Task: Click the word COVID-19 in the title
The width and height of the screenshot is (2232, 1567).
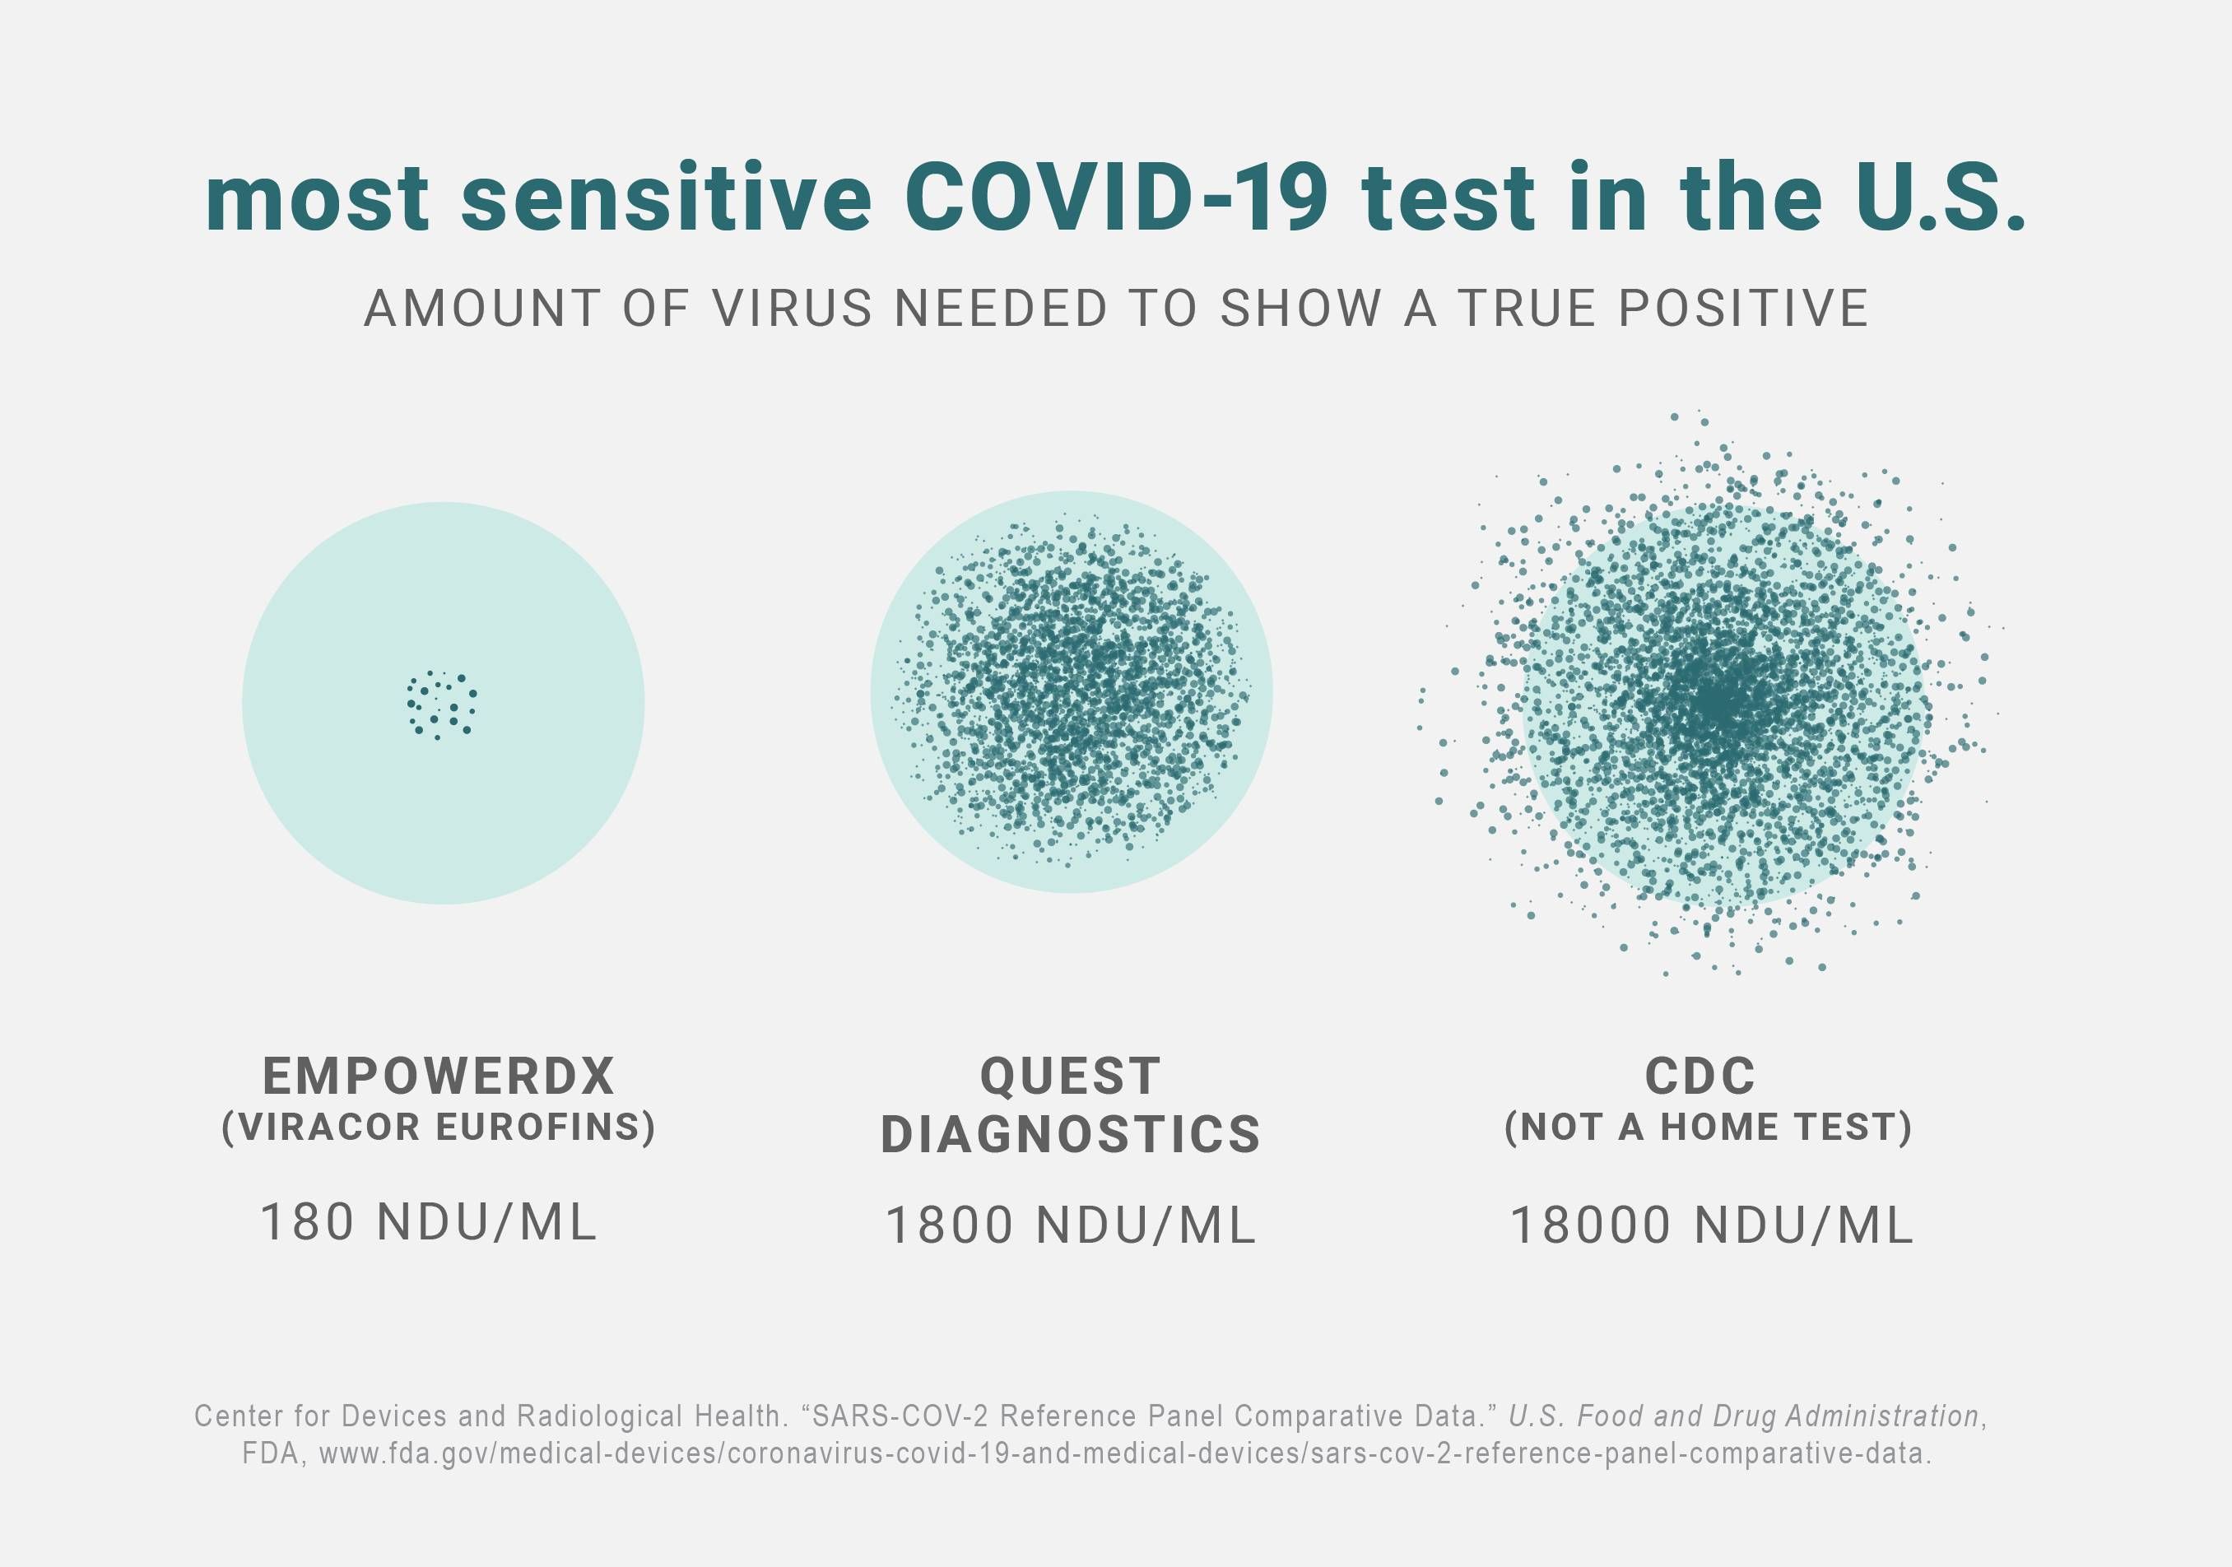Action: coord(1116,199)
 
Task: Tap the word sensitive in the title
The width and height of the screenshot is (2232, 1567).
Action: coord(666,199)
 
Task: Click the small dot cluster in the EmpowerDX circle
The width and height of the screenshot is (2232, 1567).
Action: coord(441,704)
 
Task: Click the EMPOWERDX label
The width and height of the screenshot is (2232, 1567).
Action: coord(439,1076)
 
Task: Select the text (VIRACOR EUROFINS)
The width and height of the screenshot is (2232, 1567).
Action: coord(439,1127)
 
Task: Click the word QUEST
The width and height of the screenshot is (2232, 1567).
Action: coord(1070,1076)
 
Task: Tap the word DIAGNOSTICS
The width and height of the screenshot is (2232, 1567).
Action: coord(1070,1134)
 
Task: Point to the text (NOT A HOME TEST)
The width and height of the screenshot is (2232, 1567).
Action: coord(1708,1127)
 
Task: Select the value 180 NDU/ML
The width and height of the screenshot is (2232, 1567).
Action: coord(428,1223)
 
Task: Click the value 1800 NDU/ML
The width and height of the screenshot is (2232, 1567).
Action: coord(1070,1225)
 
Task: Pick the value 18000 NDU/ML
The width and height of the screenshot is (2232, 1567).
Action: coord(1711,1225)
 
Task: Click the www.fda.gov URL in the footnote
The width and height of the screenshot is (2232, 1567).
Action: coord(1123,1454)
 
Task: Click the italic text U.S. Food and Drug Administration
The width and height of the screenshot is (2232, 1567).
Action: coord(1744,1416)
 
